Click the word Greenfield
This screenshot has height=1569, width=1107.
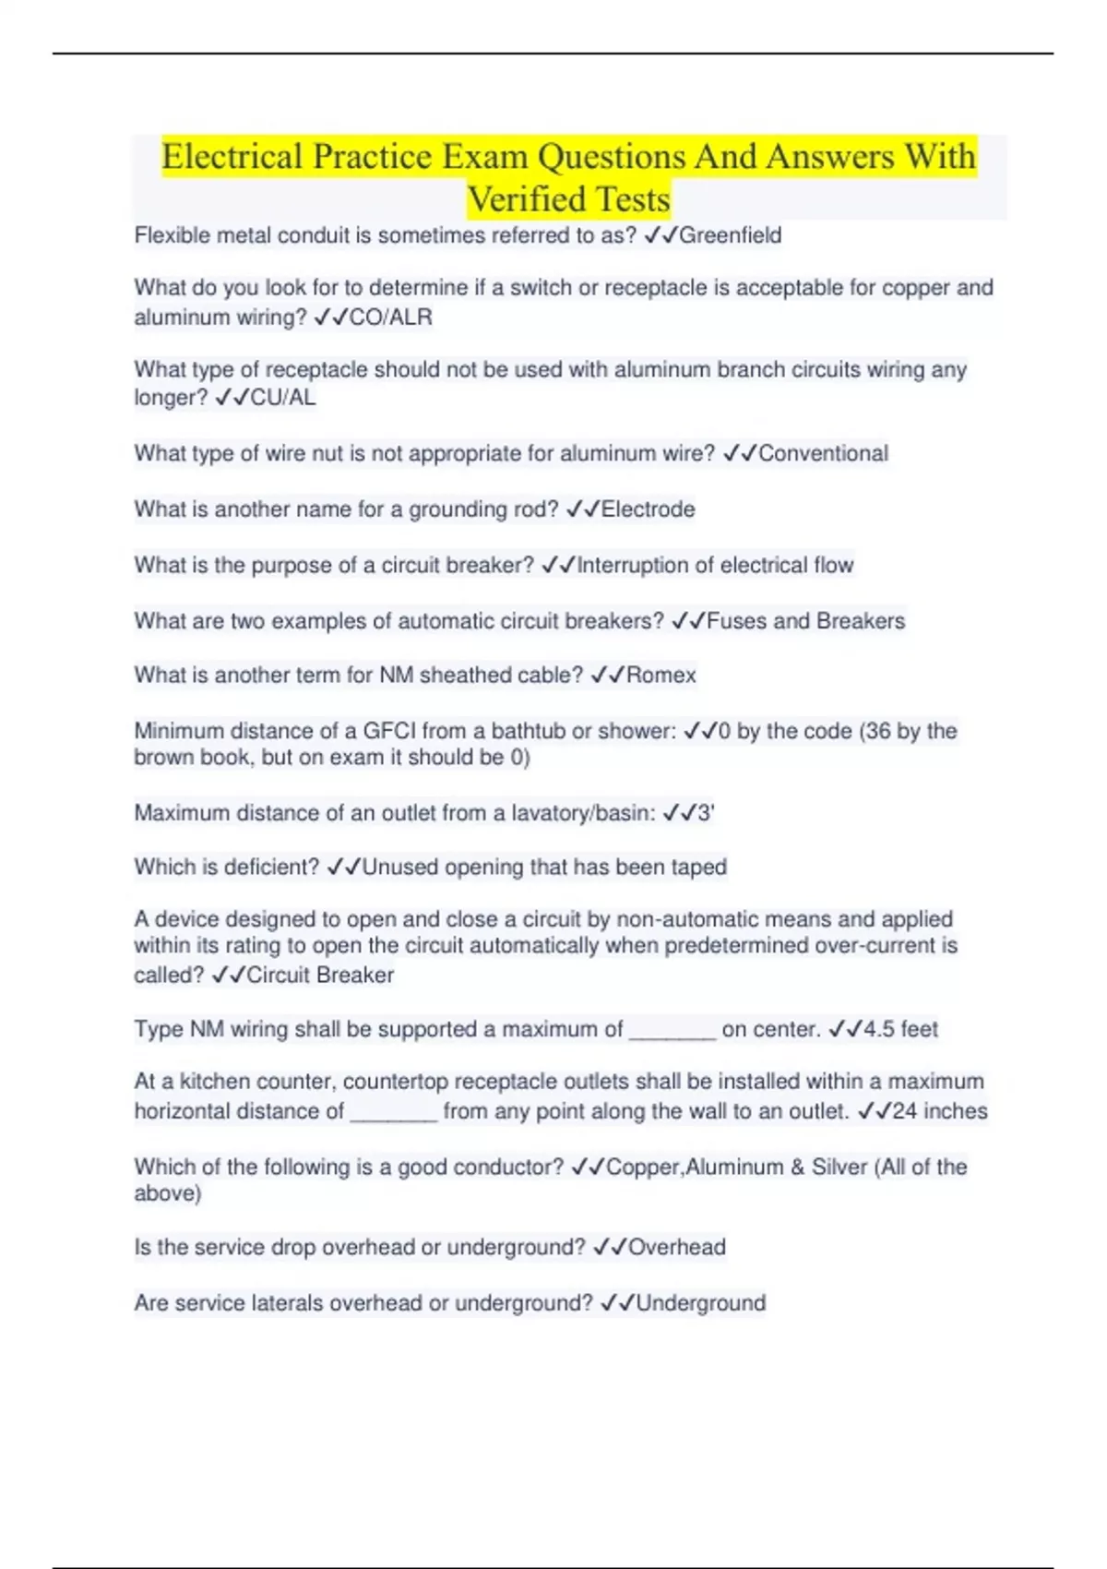(730, 235)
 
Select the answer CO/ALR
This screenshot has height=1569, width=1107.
(390, 317)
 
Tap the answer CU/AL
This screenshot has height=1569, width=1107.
(283, 398)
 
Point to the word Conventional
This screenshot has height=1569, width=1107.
(823, 453)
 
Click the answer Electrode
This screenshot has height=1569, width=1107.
(648, 509)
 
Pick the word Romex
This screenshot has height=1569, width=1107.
(661, 676)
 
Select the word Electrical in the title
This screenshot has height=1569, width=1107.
(232, 157)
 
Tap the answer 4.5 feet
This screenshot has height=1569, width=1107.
(900, 1029)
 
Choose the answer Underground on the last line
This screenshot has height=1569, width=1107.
(700, 1303)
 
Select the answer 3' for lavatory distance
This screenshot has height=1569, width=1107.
(706, 813)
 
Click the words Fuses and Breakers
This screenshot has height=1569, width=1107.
(805, 621)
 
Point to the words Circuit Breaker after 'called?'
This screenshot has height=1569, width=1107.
(319, 976)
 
